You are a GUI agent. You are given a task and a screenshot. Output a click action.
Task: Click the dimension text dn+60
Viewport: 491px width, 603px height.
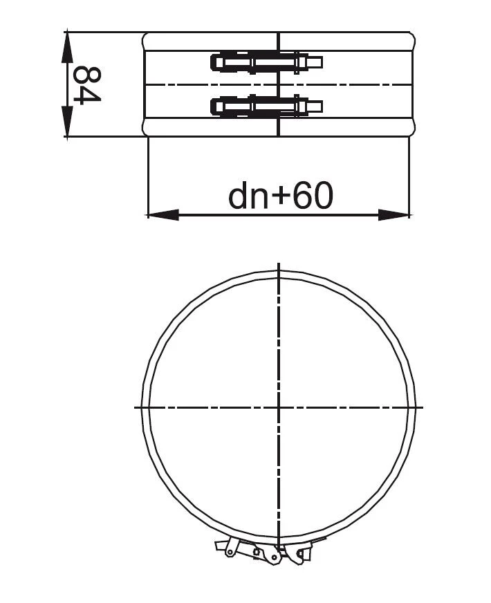coord(281,196)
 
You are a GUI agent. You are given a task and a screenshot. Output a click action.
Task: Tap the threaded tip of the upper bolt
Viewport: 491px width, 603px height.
coord(315,62)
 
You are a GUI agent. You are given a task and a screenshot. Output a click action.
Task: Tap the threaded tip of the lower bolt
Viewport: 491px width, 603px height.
coord(315,106)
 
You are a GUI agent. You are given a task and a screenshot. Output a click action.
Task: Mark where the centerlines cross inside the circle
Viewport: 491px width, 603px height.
coord(278,407)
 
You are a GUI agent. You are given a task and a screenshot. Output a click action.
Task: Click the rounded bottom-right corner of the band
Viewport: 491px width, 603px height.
coord(412,129)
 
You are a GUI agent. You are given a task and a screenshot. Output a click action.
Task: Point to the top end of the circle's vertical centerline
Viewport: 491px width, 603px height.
coord(278,265)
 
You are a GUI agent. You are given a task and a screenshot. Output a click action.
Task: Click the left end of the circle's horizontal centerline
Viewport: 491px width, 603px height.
coord(136,407)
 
